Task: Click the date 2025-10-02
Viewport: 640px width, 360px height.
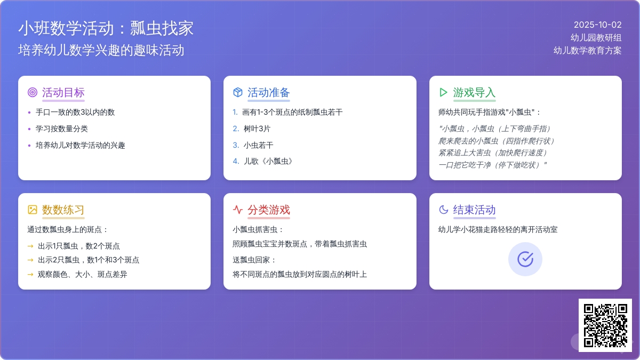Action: [x=597, y=25]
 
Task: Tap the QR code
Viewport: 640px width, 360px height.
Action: [x=605, y=325]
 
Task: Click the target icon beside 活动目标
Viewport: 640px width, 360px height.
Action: [x=33, y=92]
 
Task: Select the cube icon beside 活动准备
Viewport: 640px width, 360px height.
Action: [x=238, y=92]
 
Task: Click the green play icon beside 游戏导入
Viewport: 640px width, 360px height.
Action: [x=443, y=92]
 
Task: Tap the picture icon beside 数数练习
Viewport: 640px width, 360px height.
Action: [x=33, y=210]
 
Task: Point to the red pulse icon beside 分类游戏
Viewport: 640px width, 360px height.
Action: [x=238, y=210]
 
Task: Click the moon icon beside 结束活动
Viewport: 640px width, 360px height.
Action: [x=443, y=210]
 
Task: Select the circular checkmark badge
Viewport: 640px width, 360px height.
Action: [x=525, y=259]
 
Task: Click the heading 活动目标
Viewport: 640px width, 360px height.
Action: [x=63, y=93]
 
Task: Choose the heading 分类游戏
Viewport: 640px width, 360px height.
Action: [x=269, y=210]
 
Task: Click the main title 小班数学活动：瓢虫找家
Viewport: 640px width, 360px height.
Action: [x=106, y=28]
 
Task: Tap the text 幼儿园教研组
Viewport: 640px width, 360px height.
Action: [x=596, y=38]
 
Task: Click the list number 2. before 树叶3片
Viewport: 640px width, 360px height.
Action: [x=236, y=129]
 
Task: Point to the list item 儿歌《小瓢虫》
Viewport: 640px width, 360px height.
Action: [x=268, y=162]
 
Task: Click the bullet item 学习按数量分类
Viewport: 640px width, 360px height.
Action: [x=62, y=129]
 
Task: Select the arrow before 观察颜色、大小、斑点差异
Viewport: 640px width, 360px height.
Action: [x=30, y=275]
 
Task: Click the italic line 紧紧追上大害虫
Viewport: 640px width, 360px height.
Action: [x=493, y=153]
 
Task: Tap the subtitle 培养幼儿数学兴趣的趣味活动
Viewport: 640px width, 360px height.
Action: [x=101, y=50]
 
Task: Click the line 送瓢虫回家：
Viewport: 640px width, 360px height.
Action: [x=254, y=260]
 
